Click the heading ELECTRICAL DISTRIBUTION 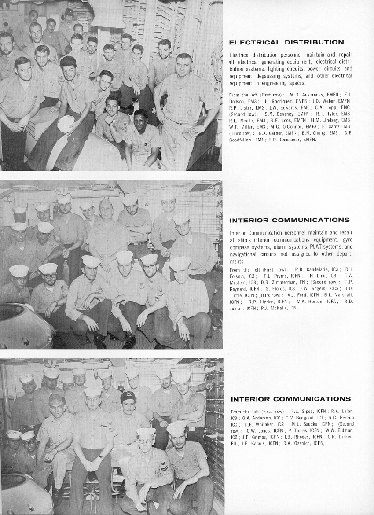coord(286,43)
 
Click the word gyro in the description coord(346,240)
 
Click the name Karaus coord(253,443)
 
